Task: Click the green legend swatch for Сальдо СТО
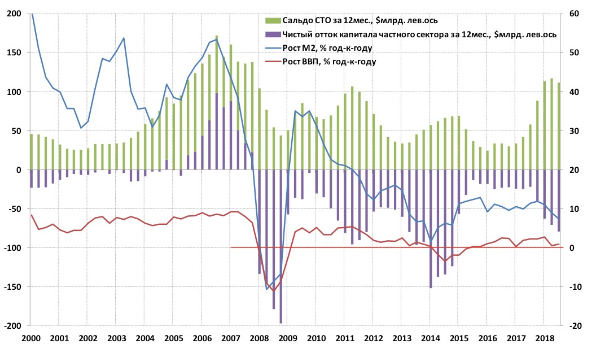269,20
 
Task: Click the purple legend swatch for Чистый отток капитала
269,35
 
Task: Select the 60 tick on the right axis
575,14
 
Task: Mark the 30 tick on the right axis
575,131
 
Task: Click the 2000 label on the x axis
30,338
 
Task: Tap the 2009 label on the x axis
288,338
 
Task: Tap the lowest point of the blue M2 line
267,289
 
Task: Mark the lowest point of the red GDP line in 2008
274,291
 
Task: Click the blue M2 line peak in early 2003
124,38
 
